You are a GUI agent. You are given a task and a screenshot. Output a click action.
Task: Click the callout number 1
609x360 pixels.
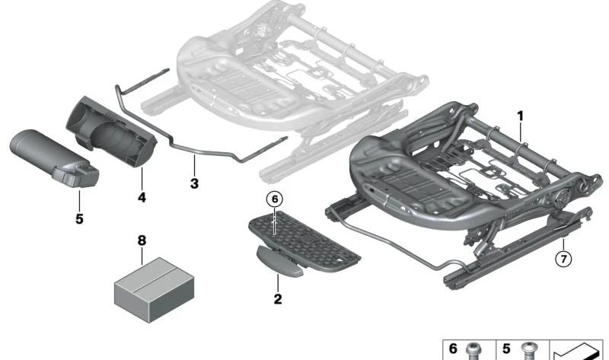click(x=521, y=116)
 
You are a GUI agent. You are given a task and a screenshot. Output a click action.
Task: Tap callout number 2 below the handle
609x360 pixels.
click(x=278, y=299)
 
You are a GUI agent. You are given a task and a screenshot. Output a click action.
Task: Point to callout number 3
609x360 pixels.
click(x=194, y=183)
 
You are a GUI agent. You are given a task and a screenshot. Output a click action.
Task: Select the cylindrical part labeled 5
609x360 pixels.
click(x=53, y=159)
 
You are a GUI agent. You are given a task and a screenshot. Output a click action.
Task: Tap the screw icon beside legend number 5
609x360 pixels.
click(x=526, y=349)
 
